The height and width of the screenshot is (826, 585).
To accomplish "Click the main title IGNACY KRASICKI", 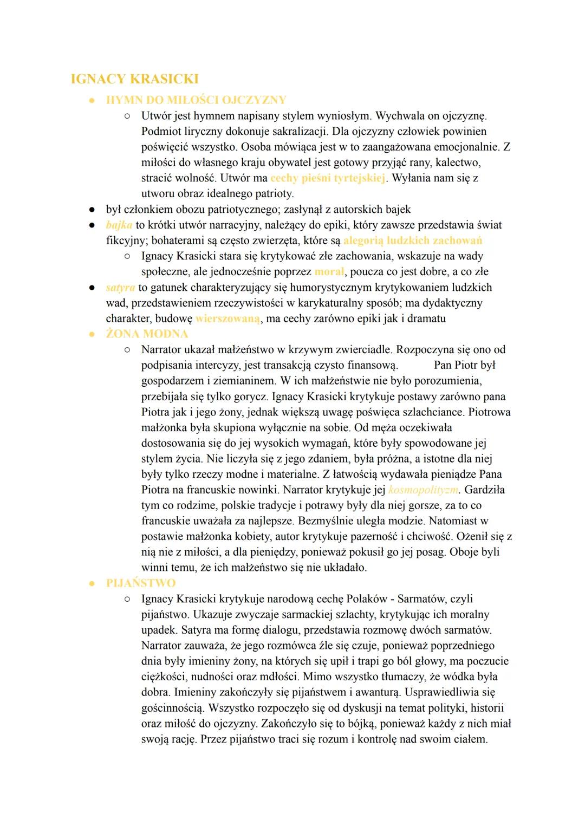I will [135, 79].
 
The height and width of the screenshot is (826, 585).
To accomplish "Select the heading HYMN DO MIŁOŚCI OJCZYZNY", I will [196, 100].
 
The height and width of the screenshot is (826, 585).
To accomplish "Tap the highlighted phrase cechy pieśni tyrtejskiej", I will [328, 178].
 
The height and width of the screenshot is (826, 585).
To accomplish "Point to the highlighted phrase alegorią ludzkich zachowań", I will [413, 240].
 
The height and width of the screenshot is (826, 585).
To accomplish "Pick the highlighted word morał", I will [329, 272].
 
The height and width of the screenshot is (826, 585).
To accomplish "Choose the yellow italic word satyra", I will [120, 287].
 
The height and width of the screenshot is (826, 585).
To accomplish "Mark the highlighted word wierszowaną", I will [227, 318].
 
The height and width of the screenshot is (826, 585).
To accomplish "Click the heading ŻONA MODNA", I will [147, 334].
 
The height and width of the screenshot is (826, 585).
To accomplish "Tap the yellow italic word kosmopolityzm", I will [424, 490].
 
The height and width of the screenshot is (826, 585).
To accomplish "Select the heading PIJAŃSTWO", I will [141, 583].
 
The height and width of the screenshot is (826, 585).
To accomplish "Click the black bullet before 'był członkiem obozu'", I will [93, 210].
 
